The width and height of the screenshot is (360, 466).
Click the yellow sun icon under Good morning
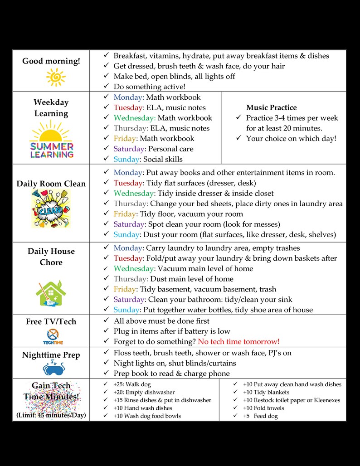[x=55, y=77]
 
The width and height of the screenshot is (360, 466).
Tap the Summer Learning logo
[x=51, y=142]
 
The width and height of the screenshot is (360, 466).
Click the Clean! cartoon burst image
[x=51, y=209]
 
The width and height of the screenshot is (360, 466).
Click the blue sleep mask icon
[x=51, y=367]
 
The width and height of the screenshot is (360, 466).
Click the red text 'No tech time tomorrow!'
[x=238, y=341]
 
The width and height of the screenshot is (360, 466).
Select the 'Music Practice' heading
[x=271, y=107]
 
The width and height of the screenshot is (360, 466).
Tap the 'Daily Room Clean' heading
[x=51, y=184]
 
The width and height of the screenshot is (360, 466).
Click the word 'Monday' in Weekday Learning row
[x=129, y=97]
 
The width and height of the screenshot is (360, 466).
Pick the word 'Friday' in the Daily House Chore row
[x=125, y=289]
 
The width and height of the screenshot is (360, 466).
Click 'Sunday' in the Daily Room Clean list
[x=127, y=234]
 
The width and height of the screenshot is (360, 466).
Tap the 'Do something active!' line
[x=149, y=87]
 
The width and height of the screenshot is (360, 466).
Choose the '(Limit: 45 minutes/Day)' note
[x=51, y=415]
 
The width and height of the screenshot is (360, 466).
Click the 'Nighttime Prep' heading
[x=51, y=355]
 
